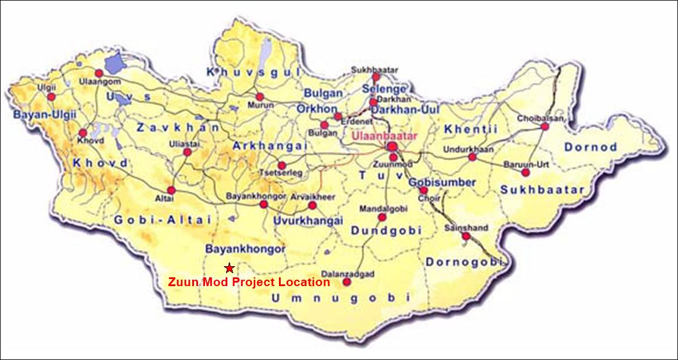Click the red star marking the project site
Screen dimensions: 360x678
pyautogui.click(x=230, y=268)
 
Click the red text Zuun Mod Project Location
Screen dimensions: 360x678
pyautogui.click(x=249, y=282)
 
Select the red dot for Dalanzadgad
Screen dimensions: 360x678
pyautogui.click(x=347, y=282)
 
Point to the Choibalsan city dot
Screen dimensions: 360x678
pyautogui.click(x=545, y=126)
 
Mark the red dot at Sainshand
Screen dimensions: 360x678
pyautogui.click(x=466, y=236)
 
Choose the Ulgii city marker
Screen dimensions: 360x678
pyautogui.click(x=52, y=97)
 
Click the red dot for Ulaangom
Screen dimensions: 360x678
pyautogui.click(x=99, y=73)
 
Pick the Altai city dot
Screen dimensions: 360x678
pyautogui.click(x=171, y=191)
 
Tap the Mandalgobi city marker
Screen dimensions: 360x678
pyautogui.click(x=382, y=218)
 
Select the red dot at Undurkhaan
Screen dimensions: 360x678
pyautogui.click(x=472, y=157)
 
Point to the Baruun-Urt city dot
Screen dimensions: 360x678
pyautogui.click(x=525, y=172)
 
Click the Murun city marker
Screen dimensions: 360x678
pyautogui.click(x=260, y=97)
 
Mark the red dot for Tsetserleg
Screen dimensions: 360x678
pyautogui.click(x=282, y=165)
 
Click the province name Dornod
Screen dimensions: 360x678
pyautogui.click(x=591, y=147)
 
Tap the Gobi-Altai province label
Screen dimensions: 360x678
pyautogui.click(x=154, y=219)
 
